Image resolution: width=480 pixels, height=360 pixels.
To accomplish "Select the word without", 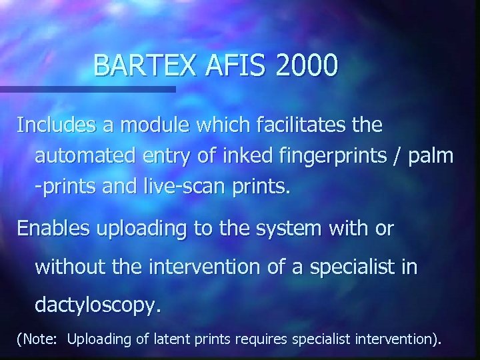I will tap(65, 267).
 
